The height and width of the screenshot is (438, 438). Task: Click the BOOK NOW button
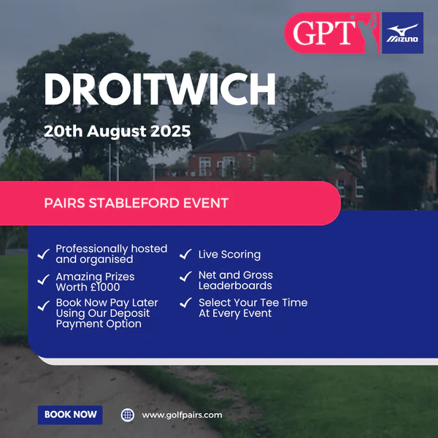coord(70,415)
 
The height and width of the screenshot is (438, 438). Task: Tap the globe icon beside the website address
coord(128,415)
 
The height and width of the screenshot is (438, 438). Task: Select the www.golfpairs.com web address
coord(182,415)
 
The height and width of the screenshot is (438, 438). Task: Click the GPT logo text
coord(324,33)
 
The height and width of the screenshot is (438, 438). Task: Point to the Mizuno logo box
coord(402,33)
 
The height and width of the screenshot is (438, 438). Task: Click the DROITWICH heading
coord(160,89)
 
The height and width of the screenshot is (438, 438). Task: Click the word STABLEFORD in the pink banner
coord(134,203)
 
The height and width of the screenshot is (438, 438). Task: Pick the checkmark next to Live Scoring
coord(185,254)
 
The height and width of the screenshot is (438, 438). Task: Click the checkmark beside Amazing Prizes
coord(44,280)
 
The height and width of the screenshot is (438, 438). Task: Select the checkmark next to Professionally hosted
coord(44,254)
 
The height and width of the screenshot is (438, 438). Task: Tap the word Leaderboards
coord(235,285)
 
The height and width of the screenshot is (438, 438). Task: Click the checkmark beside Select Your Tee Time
coord(185,302)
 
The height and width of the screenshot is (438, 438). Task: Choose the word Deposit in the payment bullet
coord(130,313)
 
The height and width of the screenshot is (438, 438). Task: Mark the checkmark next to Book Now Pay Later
coord(44,306)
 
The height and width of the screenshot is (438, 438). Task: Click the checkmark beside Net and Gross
coord(185,276)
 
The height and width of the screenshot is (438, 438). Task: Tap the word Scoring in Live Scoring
coord(241,255)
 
